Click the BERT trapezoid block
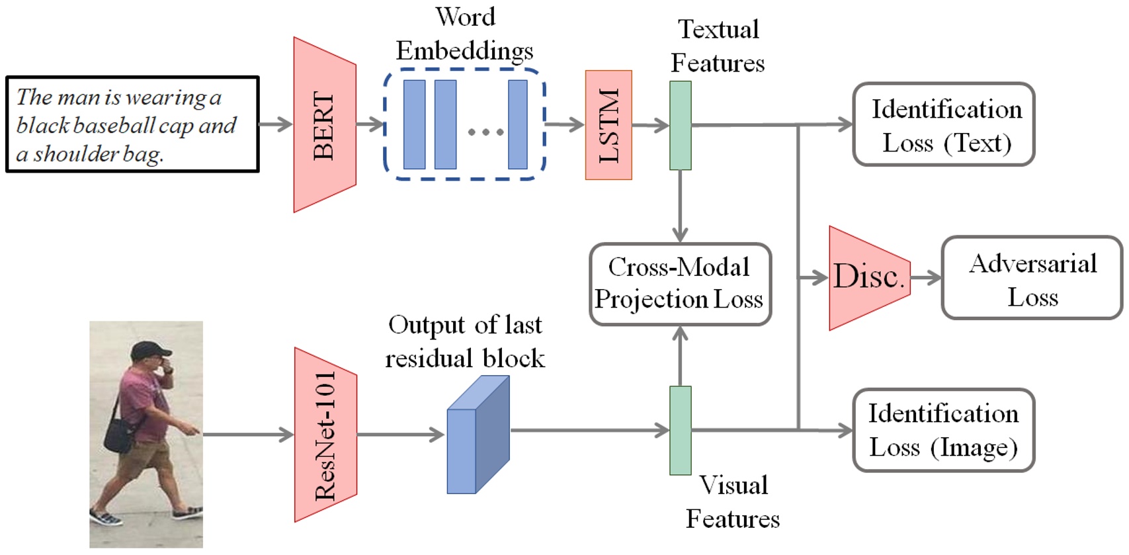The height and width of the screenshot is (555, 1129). pyautogui.click(x=325, y=125)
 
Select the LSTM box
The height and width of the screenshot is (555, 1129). pyautogui.click(x=608, y=125)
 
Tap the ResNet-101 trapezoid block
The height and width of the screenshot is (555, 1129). pyautogui.click(x=325, y=435)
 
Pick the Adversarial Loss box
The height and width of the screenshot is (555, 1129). pyautogui.click(x=1031, y=278)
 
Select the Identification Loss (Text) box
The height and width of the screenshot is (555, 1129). pyautogui.click(x=943, y=125)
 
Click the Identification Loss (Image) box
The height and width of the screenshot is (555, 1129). pyautogui.click(x=943, y=431)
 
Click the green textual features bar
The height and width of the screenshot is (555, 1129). pyautogui.click(x=680, y=126)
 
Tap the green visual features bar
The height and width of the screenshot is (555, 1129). pyautogui.click(x=680, y=431)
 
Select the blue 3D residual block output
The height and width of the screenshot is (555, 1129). pyautogui.click(x=478, y=436)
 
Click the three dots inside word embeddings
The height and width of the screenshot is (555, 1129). pyautogui.click(x=485, y=132)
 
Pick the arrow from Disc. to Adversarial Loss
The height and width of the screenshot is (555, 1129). pyautogui.click(x=926, y=278)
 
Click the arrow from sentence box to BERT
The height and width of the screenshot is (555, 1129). pyautogui.click(x=275, y=124)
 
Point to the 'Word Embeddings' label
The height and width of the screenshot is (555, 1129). pyautogui.click(x=464, y=34)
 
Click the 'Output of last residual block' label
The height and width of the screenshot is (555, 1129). pyautogui.click(x=464, y=342)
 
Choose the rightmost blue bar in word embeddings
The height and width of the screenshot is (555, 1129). pyautogui.click(x=517, y=125)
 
